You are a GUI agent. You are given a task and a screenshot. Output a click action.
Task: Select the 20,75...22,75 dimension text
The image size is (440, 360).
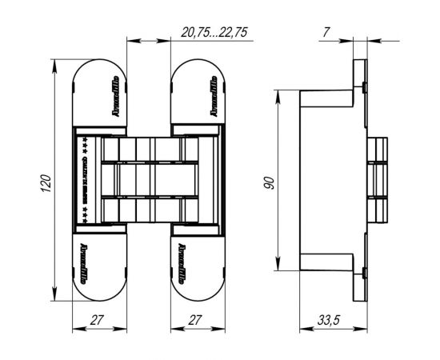click(211, 32)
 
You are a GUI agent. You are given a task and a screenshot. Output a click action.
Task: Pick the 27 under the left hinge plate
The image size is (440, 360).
click(98, 320)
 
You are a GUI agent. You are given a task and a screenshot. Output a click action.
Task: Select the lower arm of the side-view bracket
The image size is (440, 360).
click(328, 262)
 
